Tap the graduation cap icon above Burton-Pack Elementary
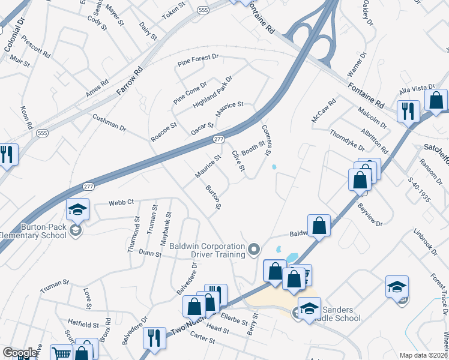pos(77,209)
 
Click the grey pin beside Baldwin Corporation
pos(255,248)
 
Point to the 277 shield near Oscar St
pos(219,139)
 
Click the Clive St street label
pos(238,160)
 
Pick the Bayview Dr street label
pos(370,214)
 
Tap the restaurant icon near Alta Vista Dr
pos(408,111)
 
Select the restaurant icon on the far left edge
pos(7,154)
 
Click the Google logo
pos(20,353)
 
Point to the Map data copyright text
pos(423,355)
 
